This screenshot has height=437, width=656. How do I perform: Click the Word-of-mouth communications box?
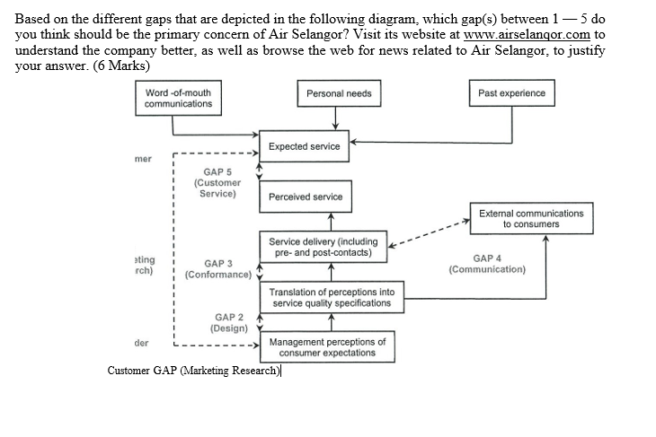tap(179, 99)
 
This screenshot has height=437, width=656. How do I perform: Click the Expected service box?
tap(304, 146)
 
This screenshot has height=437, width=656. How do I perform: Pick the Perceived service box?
tap(305, 197)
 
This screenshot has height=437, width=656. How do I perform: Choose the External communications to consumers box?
tap(530, 219)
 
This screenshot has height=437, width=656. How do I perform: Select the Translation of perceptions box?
tap(331, 298)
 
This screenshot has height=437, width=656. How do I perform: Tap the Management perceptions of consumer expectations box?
tap(328, 347)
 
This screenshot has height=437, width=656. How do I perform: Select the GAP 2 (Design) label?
tap(229, 323)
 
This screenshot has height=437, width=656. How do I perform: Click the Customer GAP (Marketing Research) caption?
tap(193, 371)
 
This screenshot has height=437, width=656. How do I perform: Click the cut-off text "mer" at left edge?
tap(143, 159)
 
